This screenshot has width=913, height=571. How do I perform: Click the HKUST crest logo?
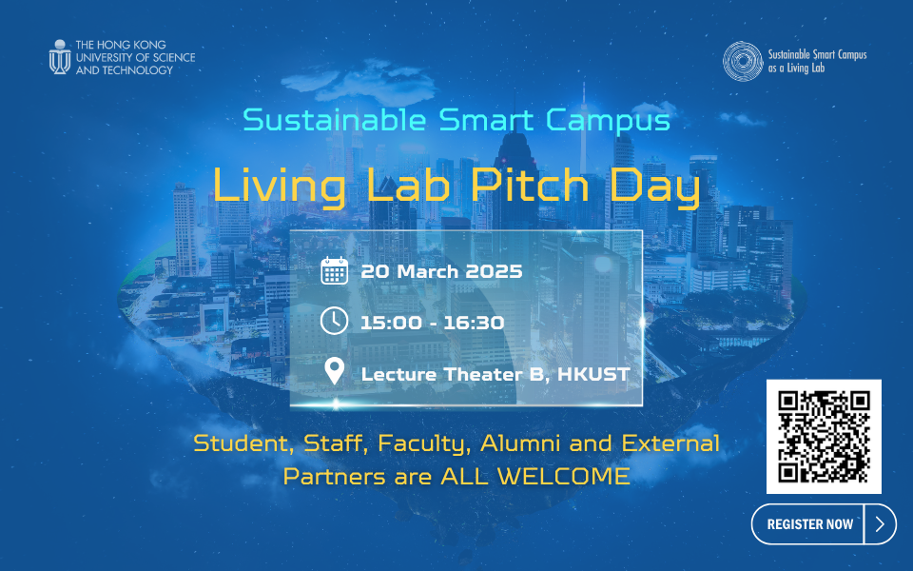click(x=60, y=56)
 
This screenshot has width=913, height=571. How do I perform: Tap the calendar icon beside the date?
click(x=334, y=271)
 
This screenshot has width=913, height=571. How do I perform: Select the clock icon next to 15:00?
click(x=334, y=321)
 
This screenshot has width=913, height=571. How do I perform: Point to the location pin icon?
click(x=334, y=370)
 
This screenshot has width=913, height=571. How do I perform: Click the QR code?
click(x=824, y=436)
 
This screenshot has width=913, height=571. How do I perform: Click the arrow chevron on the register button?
click(x=881, y=523)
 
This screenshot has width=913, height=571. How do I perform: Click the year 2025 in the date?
click(x=493, y=271)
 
